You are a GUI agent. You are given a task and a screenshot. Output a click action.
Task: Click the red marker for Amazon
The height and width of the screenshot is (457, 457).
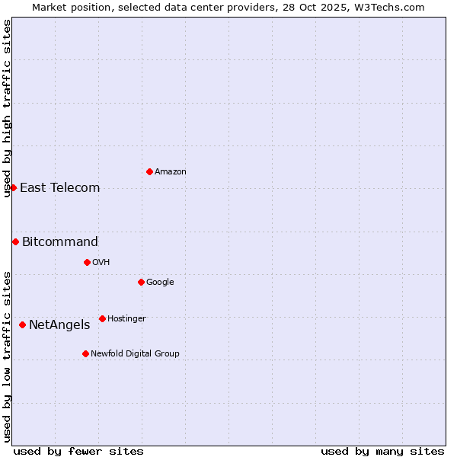(149, 171)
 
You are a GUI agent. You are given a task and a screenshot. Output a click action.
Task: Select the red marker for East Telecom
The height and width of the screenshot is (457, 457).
(13, 187)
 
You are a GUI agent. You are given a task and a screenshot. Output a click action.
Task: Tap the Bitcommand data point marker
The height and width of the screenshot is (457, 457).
(15, 241)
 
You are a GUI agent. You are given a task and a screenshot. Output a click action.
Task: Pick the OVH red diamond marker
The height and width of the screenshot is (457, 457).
(87, 262)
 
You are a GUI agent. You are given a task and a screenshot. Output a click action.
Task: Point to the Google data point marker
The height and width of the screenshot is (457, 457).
(141, 282)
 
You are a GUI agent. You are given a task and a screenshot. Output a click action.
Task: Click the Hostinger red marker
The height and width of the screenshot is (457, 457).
(102, 318)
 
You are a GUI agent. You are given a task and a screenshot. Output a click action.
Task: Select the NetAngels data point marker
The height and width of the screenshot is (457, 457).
(22, 324)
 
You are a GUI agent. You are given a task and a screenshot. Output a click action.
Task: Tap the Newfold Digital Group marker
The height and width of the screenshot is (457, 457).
(85, 353)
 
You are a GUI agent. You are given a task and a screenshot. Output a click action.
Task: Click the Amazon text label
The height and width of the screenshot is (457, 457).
(171, 172)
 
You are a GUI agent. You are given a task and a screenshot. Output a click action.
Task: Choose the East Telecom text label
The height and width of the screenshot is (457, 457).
(59, 188)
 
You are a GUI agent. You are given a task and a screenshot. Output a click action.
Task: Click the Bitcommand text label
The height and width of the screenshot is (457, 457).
(60, 242)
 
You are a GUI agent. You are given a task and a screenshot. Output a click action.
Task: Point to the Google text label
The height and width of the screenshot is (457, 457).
(160, 283)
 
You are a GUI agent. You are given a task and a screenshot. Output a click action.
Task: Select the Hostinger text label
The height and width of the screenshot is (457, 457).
(126, 319)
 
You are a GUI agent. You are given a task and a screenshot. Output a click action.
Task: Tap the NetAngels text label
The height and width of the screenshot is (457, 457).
(59, 325)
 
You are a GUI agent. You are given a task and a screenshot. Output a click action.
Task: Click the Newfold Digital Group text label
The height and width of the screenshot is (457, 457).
(135, 354)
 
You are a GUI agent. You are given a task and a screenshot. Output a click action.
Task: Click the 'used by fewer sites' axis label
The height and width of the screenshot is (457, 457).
(78, 451)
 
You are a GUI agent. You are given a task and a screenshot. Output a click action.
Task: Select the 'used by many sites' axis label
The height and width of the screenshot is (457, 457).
(382, 451)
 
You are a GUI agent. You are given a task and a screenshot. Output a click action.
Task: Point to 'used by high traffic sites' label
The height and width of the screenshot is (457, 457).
(7, 108)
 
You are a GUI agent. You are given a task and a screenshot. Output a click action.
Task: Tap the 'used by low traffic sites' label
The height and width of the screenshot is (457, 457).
(7, 356)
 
